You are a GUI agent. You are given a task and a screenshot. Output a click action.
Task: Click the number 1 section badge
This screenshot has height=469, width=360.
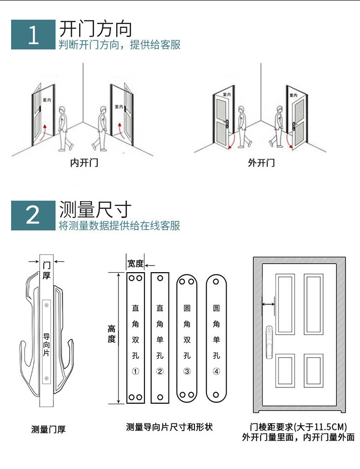coord(33,35)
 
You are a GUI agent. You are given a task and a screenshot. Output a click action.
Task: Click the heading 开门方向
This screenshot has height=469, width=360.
coord(95,29)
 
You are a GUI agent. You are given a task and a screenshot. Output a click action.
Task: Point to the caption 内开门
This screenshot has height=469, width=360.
coord(84,163)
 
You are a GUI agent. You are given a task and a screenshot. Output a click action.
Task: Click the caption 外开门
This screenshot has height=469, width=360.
coord(262,163)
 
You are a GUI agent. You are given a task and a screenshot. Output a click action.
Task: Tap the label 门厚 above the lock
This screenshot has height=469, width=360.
coord(47,269)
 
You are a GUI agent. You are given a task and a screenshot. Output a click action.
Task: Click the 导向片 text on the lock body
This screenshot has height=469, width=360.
coord(47,341)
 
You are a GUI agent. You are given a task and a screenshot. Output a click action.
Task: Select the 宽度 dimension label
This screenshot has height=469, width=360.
coord(135,264)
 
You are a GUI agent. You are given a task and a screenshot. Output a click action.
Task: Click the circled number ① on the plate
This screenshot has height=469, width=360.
coord(135,371)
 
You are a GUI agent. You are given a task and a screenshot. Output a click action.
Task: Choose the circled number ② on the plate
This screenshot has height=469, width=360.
coord(160,371)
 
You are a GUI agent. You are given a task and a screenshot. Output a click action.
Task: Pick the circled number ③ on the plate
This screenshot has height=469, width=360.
coord(187,371)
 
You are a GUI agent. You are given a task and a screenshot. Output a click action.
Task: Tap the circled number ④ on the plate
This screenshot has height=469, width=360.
coord(216,371)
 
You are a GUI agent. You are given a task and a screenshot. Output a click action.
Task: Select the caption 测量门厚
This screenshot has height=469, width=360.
coord(48,429)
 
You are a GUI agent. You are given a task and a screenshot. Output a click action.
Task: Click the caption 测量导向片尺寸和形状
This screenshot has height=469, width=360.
coord(169,427)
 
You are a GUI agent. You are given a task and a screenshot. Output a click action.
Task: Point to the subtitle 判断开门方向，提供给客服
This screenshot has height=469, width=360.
coord(120,45)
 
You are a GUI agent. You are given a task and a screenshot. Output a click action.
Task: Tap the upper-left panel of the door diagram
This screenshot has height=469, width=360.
coord(285,304)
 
